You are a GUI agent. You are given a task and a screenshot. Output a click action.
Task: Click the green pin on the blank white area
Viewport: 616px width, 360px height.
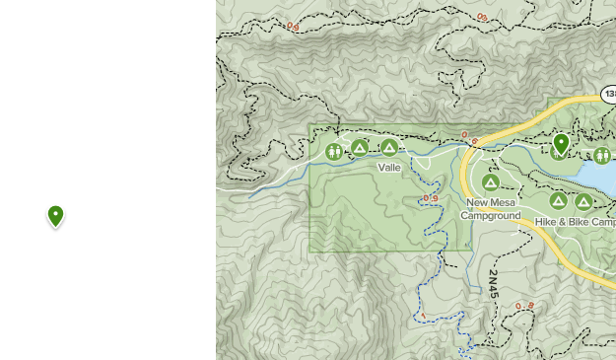point(56,215)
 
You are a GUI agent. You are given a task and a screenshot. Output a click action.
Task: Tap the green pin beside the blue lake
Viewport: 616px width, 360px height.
point(561,144)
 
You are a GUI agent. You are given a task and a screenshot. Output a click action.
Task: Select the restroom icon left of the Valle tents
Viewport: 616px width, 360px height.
point(334,151)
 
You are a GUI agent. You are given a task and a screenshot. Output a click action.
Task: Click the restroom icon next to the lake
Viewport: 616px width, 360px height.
point(601,155)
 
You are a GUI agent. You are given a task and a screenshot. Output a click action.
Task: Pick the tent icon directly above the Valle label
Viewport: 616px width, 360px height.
point(389,148)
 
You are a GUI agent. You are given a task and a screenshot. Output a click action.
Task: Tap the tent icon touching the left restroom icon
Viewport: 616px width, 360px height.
point(360,148)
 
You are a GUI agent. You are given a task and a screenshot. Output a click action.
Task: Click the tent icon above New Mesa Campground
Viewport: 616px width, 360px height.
point(490,182)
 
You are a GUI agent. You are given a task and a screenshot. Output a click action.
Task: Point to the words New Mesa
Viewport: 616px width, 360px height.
point(491,202)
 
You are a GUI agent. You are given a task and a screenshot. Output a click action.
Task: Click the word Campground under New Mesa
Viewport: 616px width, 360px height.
point(491,215)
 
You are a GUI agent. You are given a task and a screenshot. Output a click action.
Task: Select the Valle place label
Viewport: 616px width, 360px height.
point(389,168)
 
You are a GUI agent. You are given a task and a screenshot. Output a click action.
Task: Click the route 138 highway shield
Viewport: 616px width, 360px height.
point(609,96)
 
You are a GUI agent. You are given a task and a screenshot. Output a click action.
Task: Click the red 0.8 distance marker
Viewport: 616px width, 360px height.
point(524,307)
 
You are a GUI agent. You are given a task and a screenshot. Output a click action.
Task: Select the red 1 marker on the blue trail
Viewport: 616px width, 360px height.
point(422,317)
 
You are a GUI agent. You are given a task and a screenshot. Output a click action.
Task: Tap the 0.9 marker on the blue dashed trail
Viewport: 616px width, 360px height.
point(430,198)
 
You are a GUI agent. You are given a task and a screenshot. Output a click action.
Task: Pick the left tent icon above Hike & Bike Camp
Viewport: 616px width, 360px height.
point(559,201)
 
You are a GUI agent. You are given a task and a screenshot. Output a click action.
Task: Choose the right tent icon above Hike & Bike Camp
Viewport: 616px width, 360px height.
point(583,202)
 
